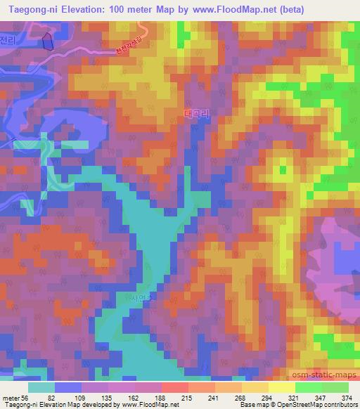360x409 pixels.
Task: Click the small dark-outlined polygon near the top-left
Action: click(47, 41)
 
